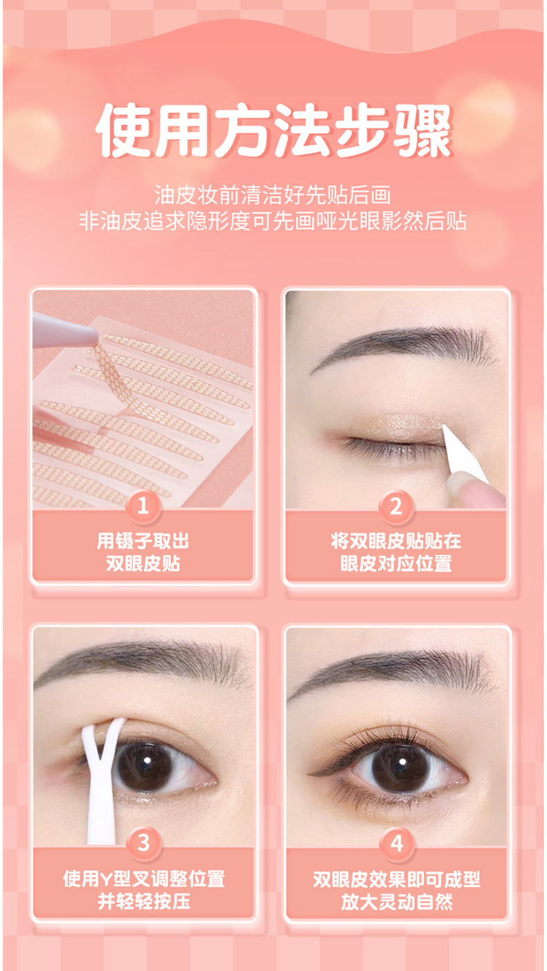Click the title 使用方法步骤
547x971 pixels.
(273, 131)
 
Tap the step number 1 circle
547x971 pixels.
(143, 506)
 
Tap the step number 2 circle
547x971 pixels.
(396, 506)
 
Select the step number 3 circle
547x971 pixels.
(143, 843)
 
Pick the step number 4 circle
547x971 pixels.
(396, 843)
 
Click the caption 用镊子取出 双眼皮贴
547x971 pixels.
(143, 552)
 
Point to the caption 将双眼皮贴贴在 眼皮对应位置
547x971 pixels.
(396, 552)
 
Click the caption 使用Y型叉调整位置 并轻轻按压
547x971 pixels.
(143, 890)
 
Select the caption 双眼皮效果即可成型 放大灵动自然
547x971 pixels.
(396, 890)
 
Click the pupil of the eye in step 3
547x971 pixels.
(145, 764)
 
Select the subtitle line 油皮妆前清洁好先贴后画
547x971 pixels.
(273, 195)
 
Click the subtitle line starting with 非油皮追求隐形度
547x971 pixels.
(273, 221)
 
